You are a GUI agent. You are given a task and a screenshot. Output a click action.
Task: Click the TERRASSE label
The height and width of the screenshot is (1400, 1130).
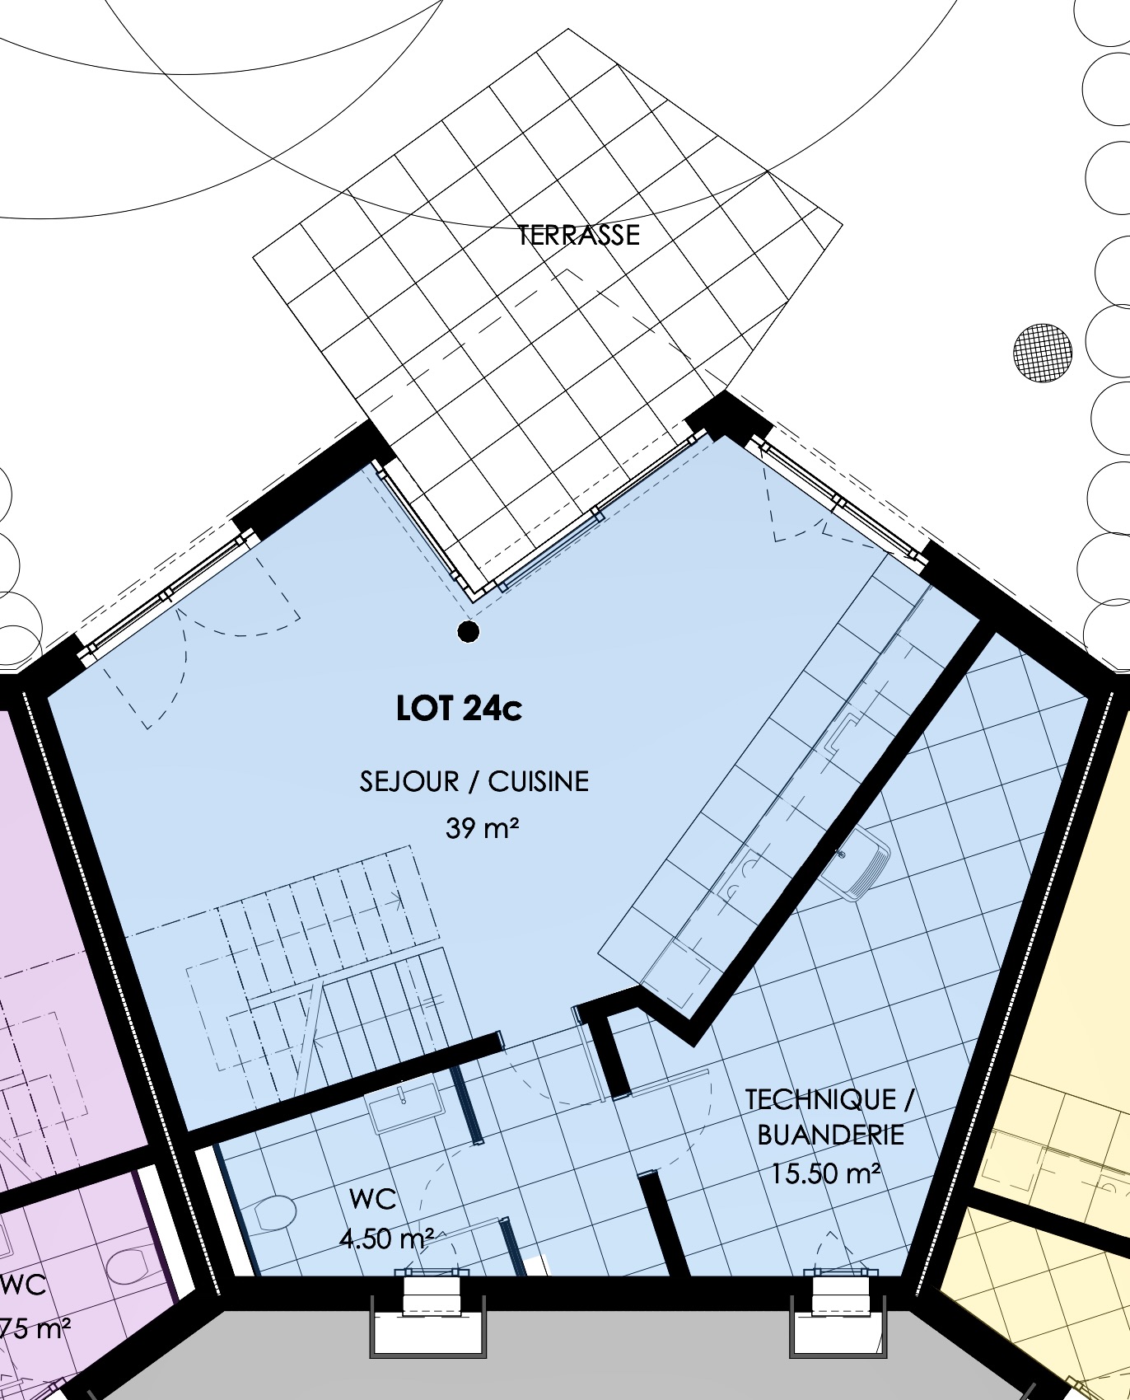click(578, 235)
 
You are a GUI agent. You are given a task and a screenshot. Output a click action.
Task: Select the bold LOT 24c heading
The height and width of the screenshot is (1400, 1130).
click(459, 709)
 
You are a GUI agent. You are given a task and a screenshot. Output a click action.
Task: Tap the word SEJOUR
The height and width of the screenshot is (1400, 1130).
click(409, 781)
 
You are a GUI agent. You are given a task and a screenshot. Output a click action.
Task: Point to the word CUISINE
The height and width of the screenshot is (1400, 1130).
click(539, 781)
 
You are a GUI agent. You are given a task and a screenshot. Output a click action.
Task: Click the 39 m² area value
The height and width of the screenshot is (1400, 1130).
click(483, 827)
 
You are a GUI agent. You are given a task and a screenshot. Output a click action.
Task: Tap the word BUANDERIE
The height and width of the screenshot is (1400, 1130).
click(830, 1135)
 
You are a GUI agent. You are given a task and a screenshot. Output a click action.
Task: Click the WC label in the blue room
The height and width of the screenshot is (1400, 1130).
click(373, 1199)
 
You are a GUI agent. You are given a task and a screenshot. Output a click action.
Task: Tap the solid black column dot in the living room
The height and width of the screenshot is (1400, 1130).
click(469, 632)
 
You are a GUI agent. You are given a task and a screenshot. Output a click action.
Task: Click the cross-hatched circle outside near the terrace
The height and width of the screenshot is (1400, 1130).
click(1043, 354)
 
